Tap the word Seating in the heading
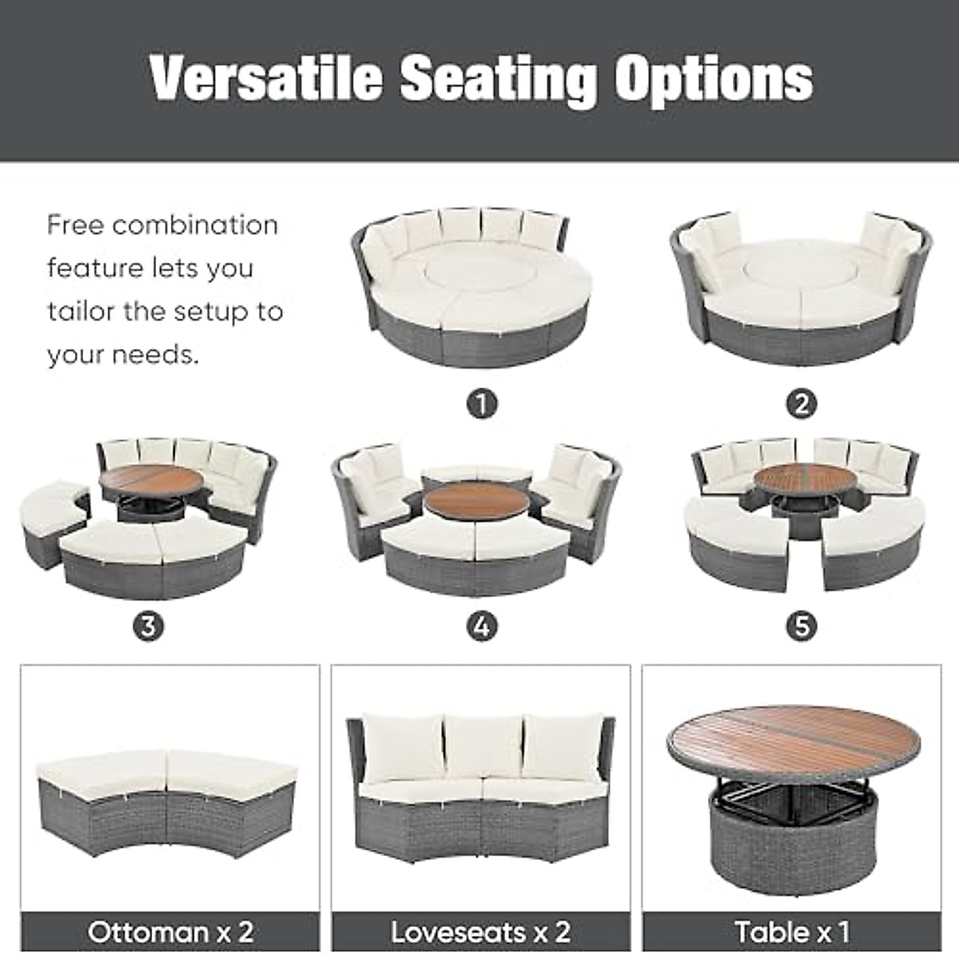click(x=499, y=80)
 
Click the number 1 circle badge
click(x=482, y=404)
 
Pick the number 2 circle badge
click(x=802, y=404)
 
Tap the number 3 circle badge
click(x=149, y=626)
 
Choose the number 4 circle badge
click(x=482, y=626)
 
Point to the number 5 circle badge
click(x=802, y=626)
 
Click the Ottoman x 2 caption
click(x=170, y=932)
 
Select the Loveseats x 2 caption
click(x=480, y=932)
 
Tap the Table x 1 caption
click(x=791, y=932)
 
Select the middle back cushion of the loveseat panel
click(x=479, y=747)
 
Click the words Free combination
click(x=162, y=225)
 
